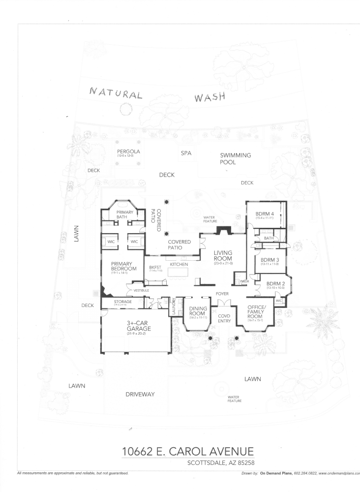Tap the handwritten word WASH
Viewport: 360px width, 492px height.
(210, 97)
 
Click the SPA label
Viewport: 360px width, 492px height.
(186, 154)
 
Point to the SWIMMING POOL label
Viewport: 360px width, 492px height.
(235, 158)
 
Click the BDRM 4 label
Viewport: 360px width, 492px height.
(264, 214)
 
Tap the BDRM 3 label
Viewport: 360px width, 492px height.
(270, 261)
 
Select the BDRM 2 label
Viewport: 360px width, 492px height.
(276, 284)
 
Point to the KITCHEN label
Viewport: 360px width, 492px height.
(179, 265)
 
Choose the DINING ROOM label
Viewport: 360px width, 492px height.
(198, 311)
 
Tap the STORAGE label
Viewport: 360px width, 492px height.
(122, 302)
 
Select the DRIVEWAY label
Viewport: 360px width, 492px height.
(140, 395)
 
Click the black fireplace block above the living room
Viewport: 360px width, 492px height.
(224, 230)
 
